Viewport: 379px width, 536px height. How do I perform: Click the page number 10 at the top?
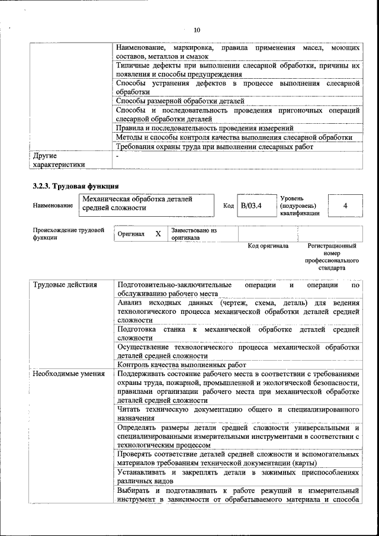pos(197,30)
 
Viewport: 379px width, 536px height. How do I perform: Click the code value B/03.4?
pos(251,205)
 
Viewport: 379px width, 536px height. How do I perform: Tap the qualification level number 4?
pos(345,205)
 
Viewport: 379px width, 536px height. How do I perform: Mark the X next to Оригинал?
pos(158,234)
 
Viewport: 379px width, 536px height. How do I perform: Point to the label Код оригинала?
pos(268,245)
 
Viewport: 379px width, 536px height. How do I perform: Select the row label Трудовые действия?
pos(65,285)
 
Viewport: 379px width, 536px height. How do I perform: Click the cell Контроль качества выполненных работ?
pos(181,365)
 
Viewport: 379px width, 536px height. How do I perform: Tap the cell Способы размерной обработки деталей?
pos(180,101)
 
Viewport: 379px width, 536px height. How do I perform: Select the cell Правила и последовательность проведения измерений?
pos(204,127)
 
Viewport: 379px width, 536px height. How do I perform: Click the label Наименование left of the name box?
pos(53,206)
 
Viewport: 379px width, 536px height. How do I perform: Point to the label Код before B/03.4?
pos(228,206)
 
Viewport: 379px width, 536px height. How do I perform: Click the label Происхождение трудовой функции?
pos(68,233)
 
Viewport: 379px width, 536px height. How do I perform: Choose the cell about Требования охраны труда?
pos(214,146)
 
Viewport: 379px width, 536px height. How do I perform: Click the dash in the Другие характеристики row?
pos(118,156)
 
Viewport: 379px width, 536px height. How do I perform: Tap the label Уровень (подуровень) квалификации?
pos(300,206)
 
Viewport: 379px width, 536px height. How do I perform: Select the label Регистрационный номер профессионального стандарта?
pos(332,256)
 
